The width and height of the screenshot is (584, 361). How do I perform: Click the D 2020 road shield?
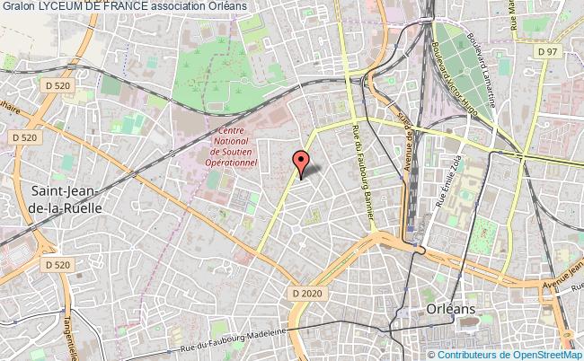305,293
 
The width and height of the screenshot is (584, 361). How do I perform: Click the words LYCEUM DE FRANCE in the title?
87,6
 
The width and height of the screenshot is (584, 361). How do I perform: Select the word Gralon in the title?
18,6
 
